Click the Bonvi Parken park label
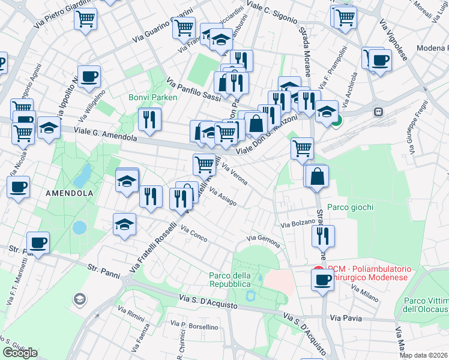click(152, 98)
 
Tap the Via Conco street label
click(194, 235)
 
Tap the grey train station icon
click(378, 112)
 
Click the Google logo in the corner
click(20, 352)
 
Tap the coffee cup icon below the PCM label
click(322, 279)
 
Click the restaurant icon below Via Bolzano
click(323, 235)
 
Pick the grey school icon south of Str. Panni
click(79, 299)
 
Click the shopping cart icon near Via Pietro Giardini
click(86, 18)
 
